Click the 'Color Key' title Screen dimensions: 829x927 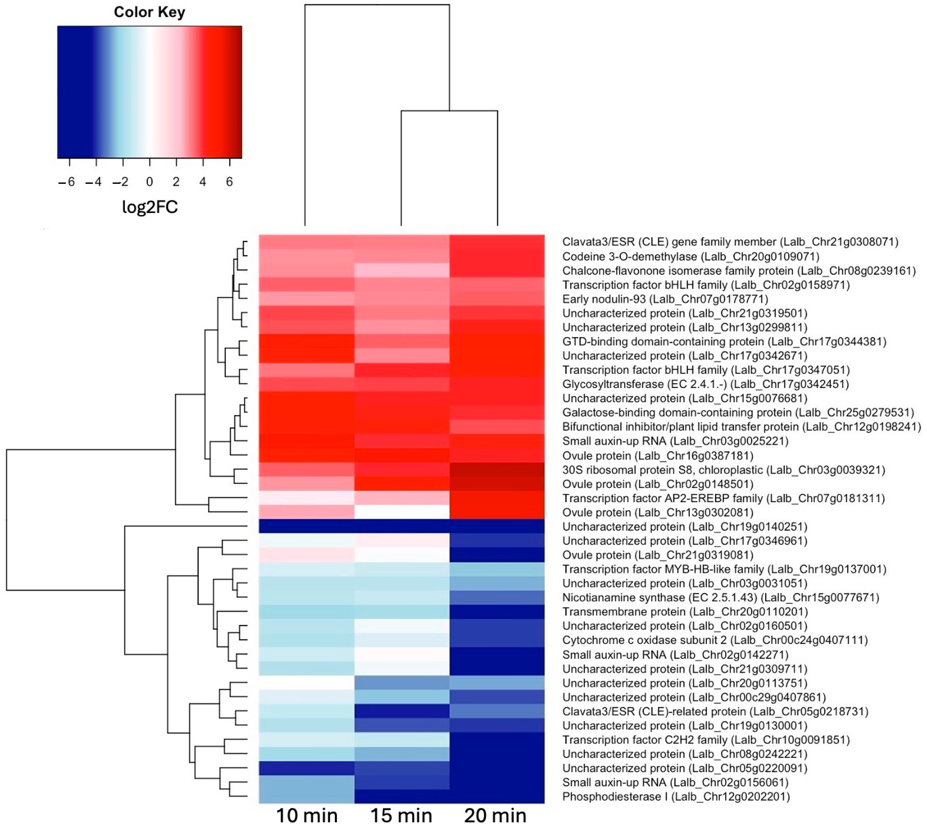point(149,12)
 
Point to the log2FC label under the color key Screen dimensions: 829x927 point(150,207)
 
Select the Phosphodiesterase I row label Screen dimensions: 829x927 point(676,797)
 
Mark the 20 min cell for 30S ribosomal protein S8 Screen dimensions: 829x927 point(497,470)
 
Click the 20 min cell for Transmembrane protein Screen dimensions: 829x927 point(497,612)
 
